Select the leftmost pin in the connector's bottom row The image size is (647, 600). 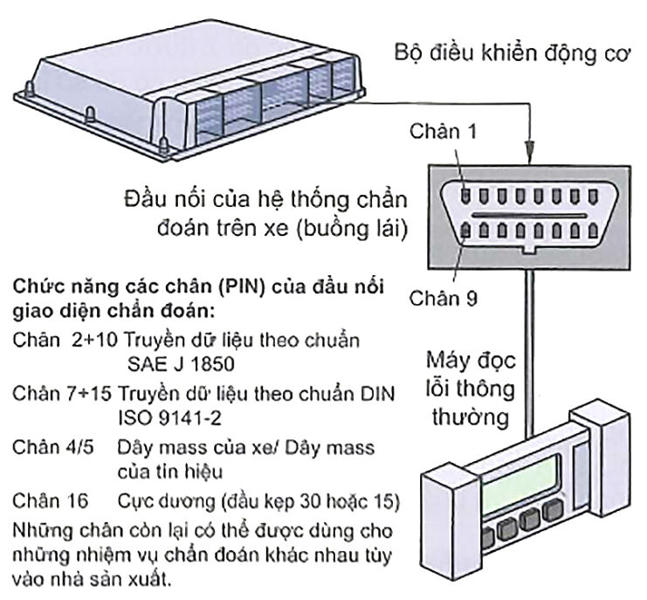[x=467, y=231]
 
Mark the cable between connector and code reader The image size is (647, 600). [x=528, y=349]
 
